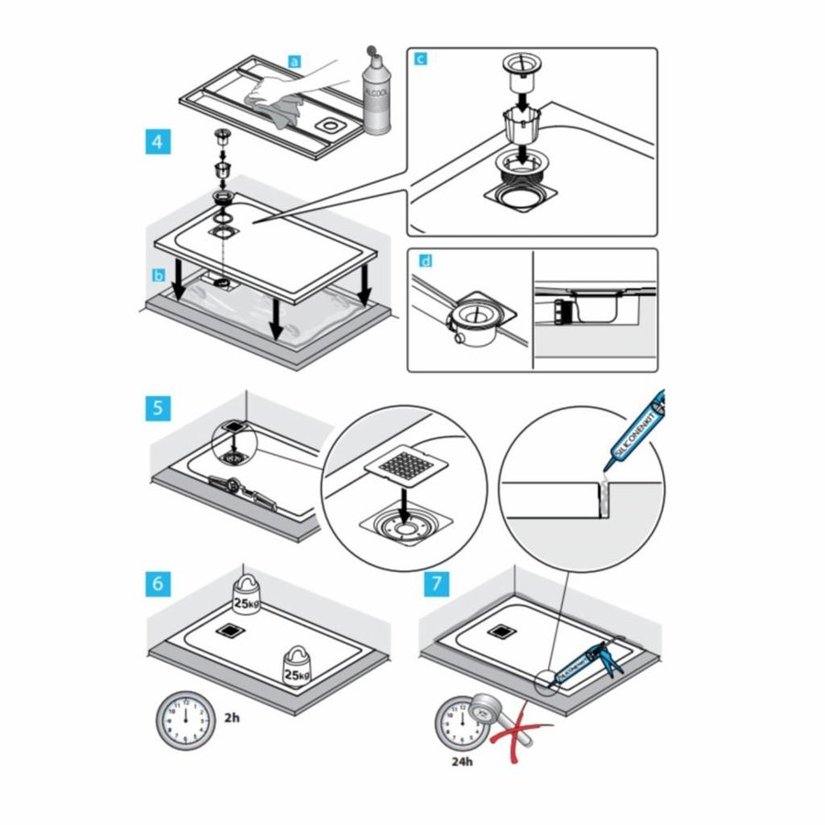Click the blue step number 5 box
coord(158,406)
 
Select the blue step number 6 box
coord(158,581)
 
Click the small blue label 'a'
coord(294,61)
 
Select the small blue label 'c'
coord(420,60)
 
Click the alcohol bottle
coord(376,92)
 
